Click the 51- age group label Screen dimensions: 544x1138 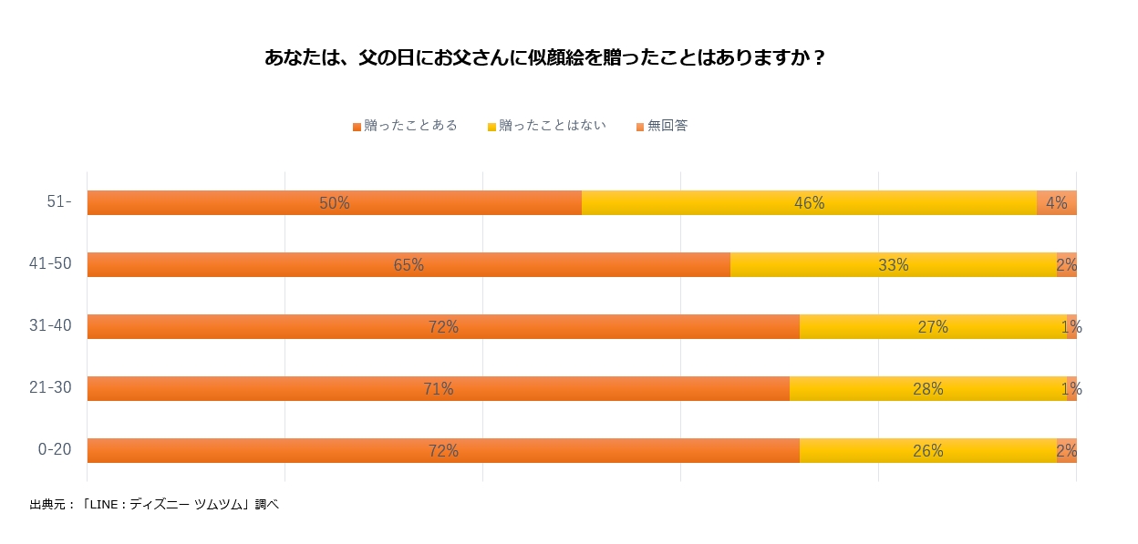(x=59, y=202)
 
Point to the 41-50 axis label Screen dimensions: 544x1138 (x=50, y=264)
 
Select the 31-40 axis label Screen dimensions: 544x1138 (x=50, y=326)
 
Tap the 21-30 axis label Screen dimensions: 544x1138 (x=50, y=388)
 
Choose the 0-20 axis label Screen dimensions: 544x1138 (x=54, y=450)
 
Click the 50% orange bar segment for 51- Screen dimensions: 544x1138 (x=335, y=203)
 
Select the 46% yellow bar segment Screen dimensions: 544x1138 (x=809, y=203)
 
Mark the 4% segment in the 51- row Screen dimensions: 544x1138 (x=1057, y=203)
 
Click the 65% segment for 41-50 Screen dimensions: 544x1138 (x=409, y=265)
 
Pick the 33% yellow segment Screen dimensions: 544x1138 (x=893, y=265)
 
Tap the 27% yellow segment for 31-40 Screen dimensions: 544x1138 (x=933, y=327)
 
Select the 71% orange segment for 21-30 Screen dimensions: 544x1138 (x=439, y=389)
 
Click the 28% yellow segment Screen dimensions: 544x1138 (x=928, y=389)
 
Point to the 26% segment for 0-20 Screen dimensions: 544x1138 (x=928, y=451)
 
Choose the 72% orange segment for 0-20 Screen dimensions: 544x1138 (x=443, y=451)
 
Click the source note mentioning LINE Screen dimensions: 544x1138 (x=154, y=504)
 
